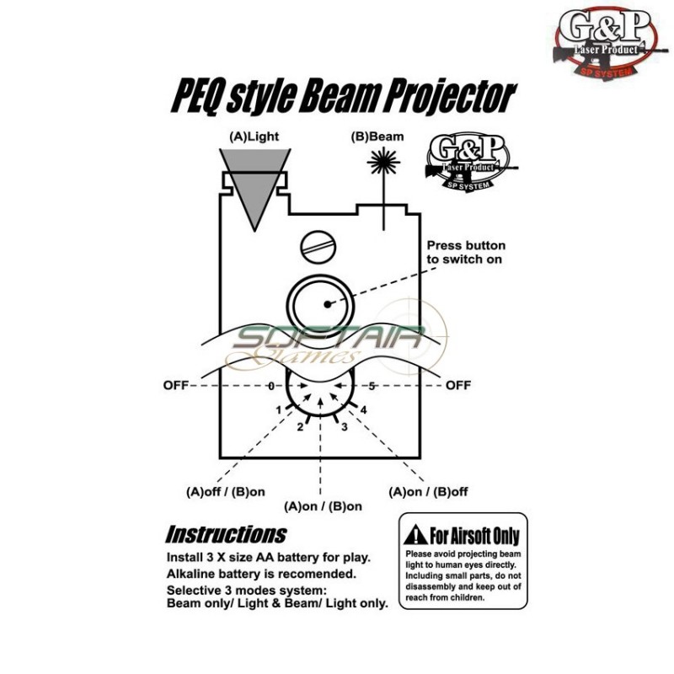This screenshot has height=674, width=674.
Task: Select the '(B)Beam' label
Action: pos(377,136)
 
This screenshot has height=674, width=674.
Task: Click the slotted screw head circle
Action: pos(318,247)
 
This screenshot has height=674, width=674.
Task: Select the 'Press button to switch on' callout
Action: pos(464,253)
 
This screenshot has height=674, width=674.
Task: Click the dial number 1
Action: pos(278,409)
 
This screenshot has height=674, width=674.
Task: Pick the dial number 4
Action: pos(364,409)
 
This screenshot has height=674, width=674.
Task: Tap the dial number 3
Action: pos(344,427)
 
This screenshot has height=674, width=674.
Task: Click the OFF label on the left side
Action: pos(175,386)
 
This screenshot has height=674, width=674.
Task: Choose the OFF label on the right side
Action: pos(458,386)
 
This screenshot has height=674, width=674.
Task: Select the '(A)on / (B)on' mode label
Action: pos(324,506)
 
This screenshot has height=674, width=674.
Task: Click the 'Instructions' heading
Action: pos(226,534)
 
